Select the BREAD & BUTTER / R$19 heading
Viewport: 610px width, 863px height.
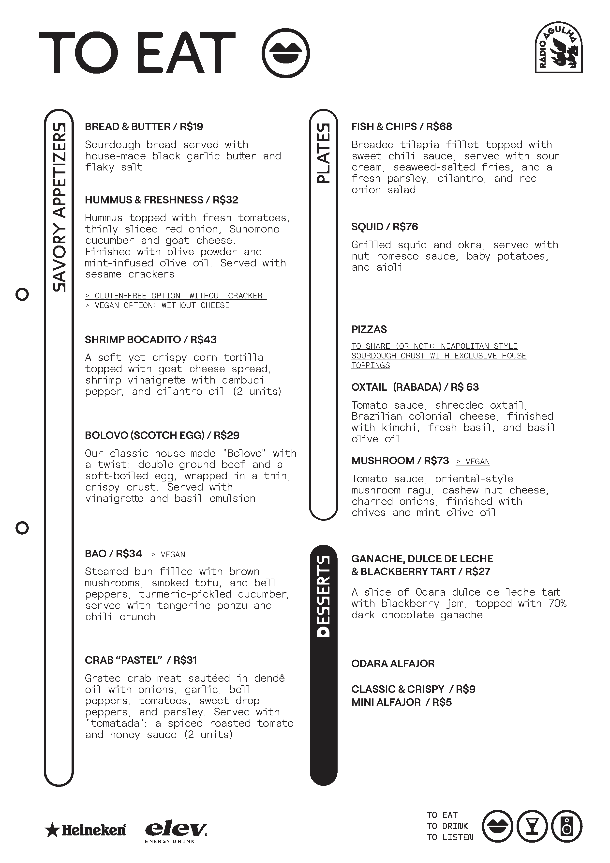point(144,127)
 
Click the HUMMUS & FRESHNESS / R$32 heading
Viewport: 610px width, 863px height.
point(162,200)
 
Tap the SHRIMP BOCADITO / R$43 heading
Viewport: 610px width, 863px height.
point(151,340)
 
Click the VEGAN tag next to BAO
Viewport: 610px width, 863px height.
point(168,555)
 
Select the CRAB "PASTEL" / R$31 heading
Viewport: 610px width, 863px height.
point(141,660)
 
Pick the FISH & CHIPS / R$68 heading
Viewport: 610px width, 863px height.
point(402,127)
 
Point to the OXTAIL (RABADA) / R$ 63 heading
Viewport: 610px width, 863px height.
point(415,387)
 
